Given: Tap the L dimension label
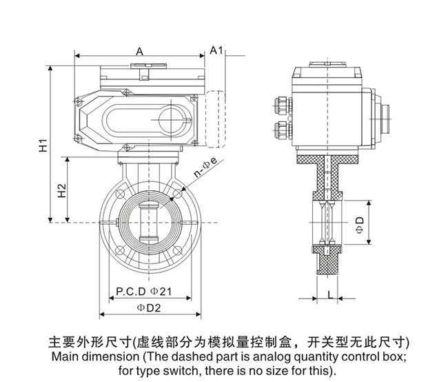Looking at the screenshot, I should pos(330,294).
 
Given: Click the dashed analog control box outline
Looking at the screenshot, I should pos(214,119).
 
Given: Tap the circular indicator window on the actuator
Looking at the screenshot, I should pos(171,119).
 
